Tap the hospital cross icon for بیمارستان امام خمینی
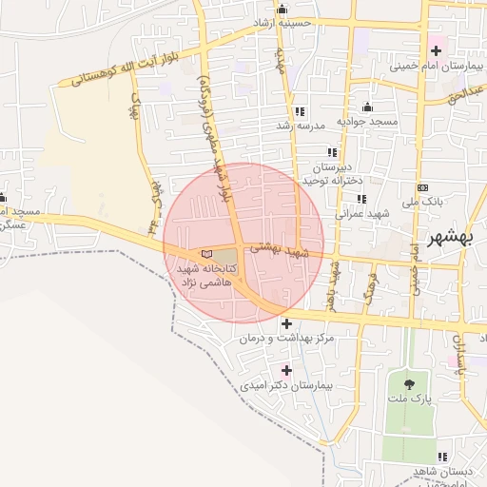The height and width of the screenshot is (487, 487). (x=436, y=49)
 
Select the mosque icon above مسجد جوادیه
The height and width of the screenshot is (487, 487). (x=367, y=107)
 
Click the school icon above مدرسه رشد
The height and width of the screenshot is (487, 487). (x=300, y=111)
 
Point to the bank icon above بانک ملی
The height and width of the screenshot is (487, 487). (x=422, y=187)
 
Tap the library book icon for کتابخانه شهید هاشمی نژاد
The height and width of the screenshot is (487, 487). (x=207, y=255)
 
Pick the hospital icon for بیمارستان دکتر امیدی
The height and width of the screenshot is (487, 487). (x=286, y=370)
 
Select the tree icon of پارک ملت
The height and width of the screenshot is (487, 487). (x=409, y=385)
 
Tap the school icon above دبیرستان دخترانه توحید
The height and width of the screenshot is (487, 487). (x=332, y=152)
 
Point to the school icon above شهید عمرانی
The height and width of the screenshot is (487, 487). (x=360, y=199)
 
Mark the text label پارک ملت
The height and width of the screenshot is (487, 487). (x=409, y=401)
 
